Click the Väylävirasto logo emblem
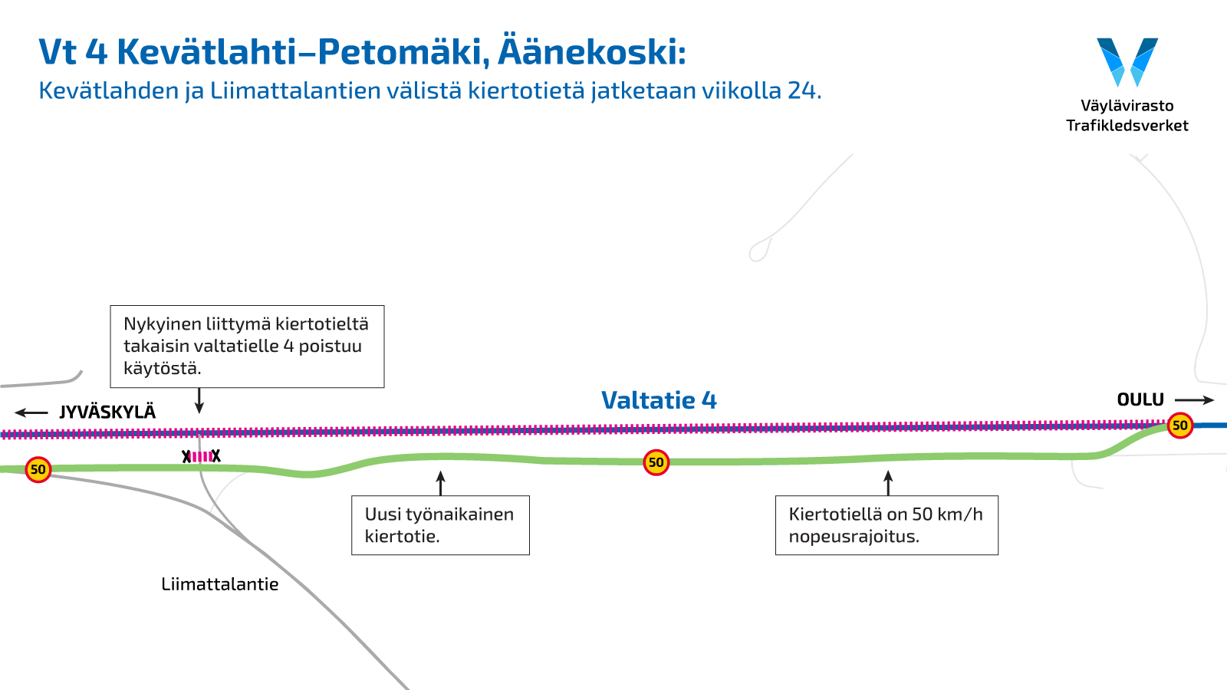point(1127,61)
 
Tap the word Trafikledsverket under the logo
point(1127,126)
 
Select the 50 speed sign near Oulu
point(1180,426)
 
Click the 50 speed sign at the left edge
point(38,469)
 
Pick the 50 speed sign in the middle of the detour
point(656,462)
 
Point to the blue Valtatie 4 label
point(659,400)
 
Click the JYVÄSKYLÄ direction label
point(107,412)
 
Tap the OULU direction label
point(1140,400)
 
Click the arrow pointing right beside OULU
point(1194,400)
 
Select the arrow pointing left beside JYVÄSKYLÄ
point(31,412)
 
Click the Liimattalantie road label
point(220,584)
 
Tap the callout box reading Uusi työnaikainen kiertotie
point(440,525)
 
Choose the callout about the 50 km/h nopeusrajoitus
point(887,525)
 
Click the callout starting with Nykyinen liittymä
point(247,347)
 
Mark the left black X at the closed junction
point(186,457)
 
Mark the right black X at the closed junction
point(216,456)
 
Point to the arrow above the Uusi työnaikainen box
point(440,483)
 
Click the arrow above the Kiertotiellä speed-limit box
point(888,483)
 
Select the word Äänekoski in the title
point(591,52)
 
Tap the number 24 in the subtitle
point(801,90)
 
